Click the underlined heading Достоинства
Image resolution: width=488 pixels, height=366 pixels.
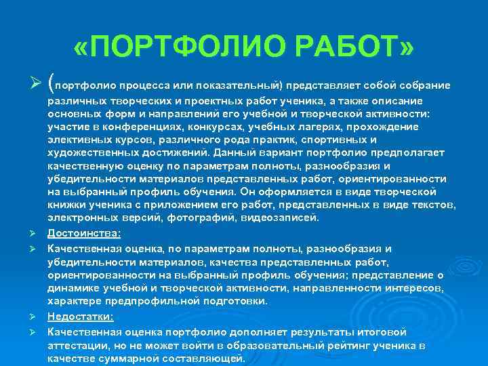coord(84,232)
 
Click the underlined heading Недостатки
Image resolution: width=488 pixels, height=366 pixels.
coord(81,317)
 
